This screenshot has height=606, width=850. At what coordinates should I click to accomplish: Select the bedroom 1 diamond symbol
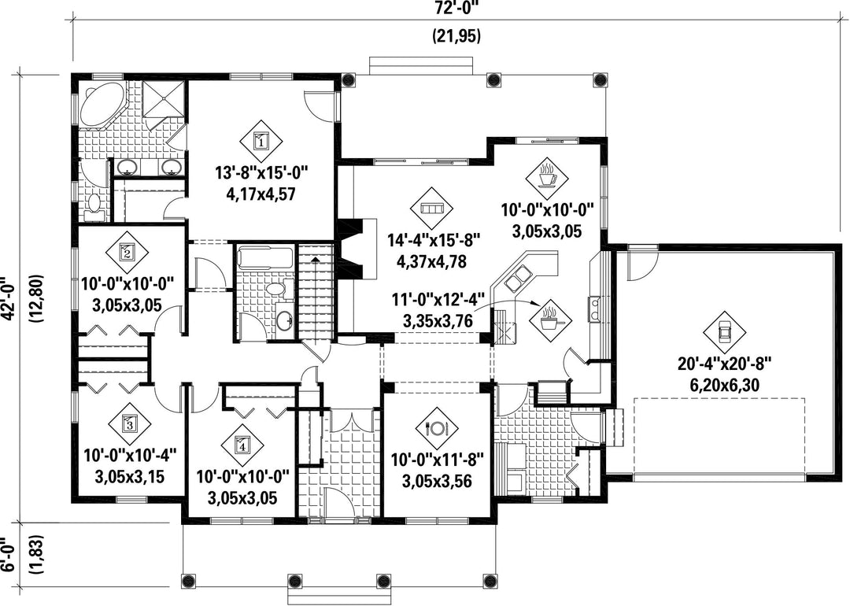tap(261, 141)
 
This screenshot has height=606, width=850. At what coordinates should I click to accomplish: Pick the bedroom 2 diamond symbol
tap(127, 252)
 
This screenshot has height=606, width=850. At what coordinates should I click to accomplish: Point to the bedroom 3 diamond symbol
tap(129, 423)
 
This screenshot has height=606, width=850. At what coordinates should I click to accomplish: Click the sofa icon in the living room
tap(432, 209)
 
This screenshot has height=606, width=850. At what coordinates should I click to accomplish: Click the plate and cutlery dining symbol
tap(437, 428)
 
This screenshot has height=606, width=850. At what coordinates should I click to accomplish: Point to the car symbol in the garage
tap(724, 332)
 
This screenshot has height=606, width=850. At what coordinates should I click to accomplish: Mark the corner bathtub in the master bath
tap(102, 104)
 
